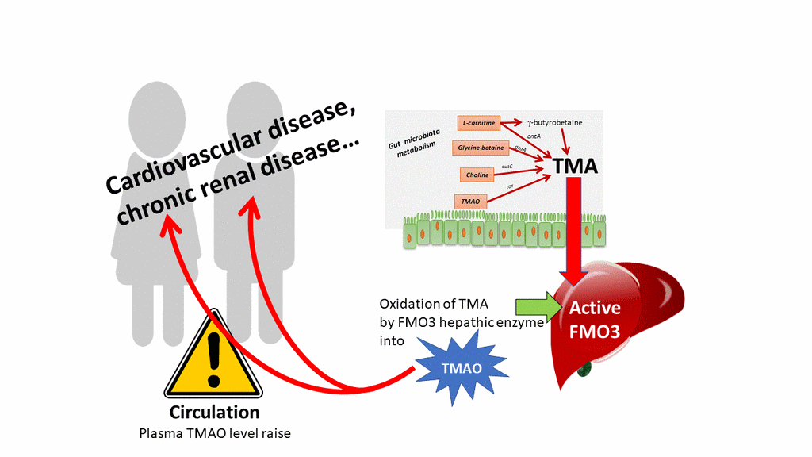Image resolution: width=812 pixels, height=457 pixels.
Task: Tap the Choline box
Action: [477, 174]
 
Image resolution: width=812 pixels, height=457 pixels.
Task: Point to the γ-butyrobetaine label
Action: [562, 123]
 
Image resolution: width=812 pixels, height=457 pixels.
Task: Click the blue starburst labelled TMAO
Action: [461, 367]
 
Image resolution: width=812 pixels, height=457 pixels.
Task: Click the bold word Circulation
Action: [214, 413]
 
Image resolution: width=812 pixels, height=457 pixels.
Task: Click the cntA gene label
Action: [523, 139]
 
